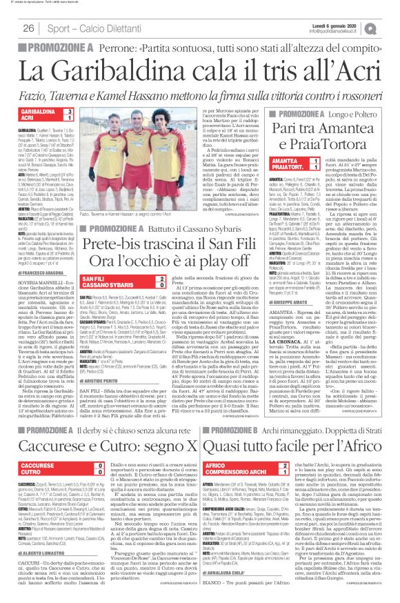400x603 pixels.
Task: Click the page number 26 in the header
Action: (28, 28)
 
